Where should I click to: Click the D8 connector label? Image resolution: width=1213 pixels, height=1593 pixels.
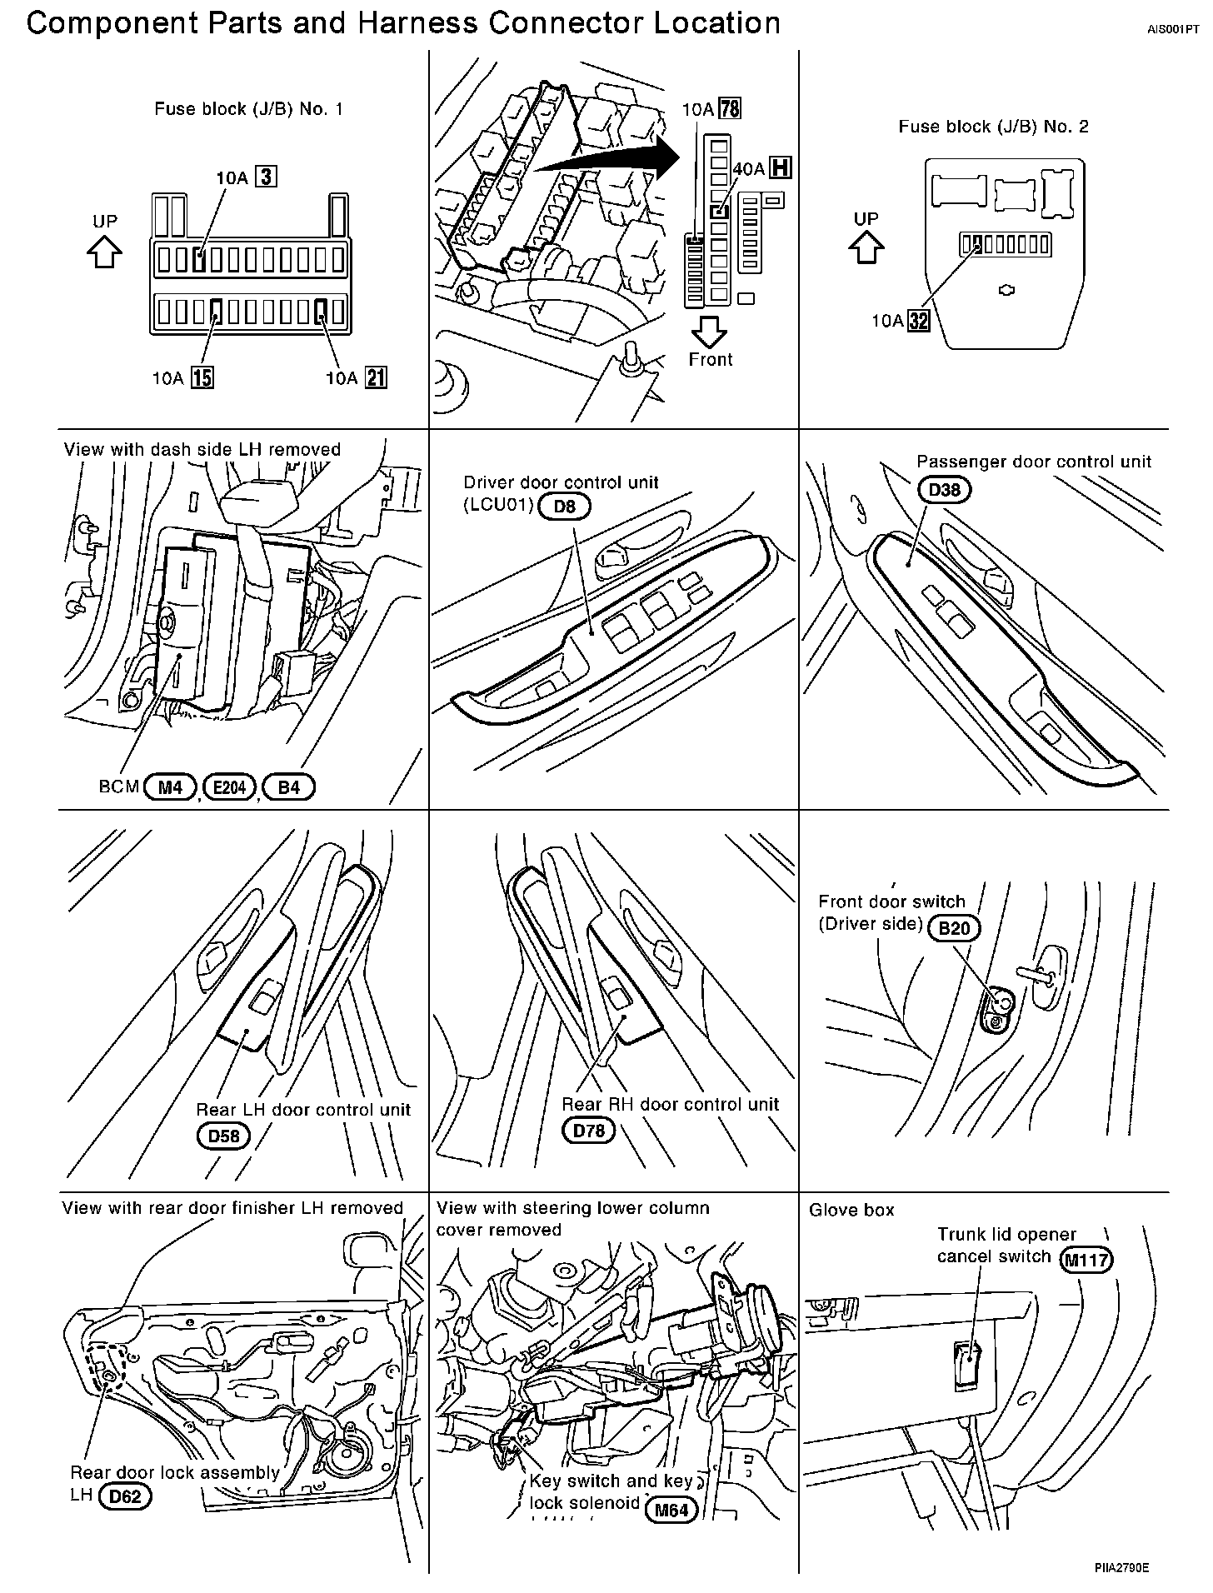coord(564,506)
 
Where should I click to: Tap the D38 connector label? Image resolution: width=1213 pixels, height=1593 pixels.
coord(944,490)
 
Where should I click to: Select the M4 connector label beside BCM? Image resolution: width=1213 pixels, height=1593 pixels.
coord(170,787)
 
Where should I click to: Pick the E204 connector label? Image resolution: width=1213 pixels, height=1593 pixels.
coord(229,787)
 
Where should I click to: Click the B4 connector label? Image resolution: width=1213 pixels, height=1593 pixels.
coord(288,787)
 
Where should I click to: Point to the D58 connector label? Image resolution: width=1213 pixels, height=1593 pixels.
coord(223,1136)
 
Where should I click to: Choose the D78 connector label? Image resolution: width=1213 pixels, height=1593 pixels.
coord(588,1131)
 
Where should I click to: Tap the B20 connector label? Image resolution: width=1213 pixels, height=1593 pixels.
coord(954,928)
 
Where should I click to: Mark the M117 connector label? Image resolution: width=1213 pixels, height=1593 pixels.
coord(1086,1259)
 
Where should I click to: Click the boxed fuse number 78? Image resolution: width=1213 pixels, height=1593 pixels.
coord(730,109)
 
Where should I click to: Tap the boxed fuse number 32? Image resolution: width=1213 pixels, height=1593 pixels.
coord(919,321)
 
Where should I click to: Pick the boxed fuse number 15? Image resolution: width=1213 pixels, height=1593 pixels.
coord(202,378)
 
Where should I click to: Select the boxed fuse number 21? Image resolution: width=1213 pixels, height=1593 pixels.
coord(377,378)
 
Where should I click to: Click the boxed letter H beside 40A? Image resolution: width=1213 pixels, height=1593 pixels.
coord(780,168)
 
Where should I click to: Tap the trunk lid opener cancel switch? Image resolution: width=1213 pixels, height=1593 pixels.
coord(968,1366)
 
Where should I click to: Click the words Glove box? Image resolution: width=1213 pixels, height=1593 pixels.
coord(851,1210)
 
